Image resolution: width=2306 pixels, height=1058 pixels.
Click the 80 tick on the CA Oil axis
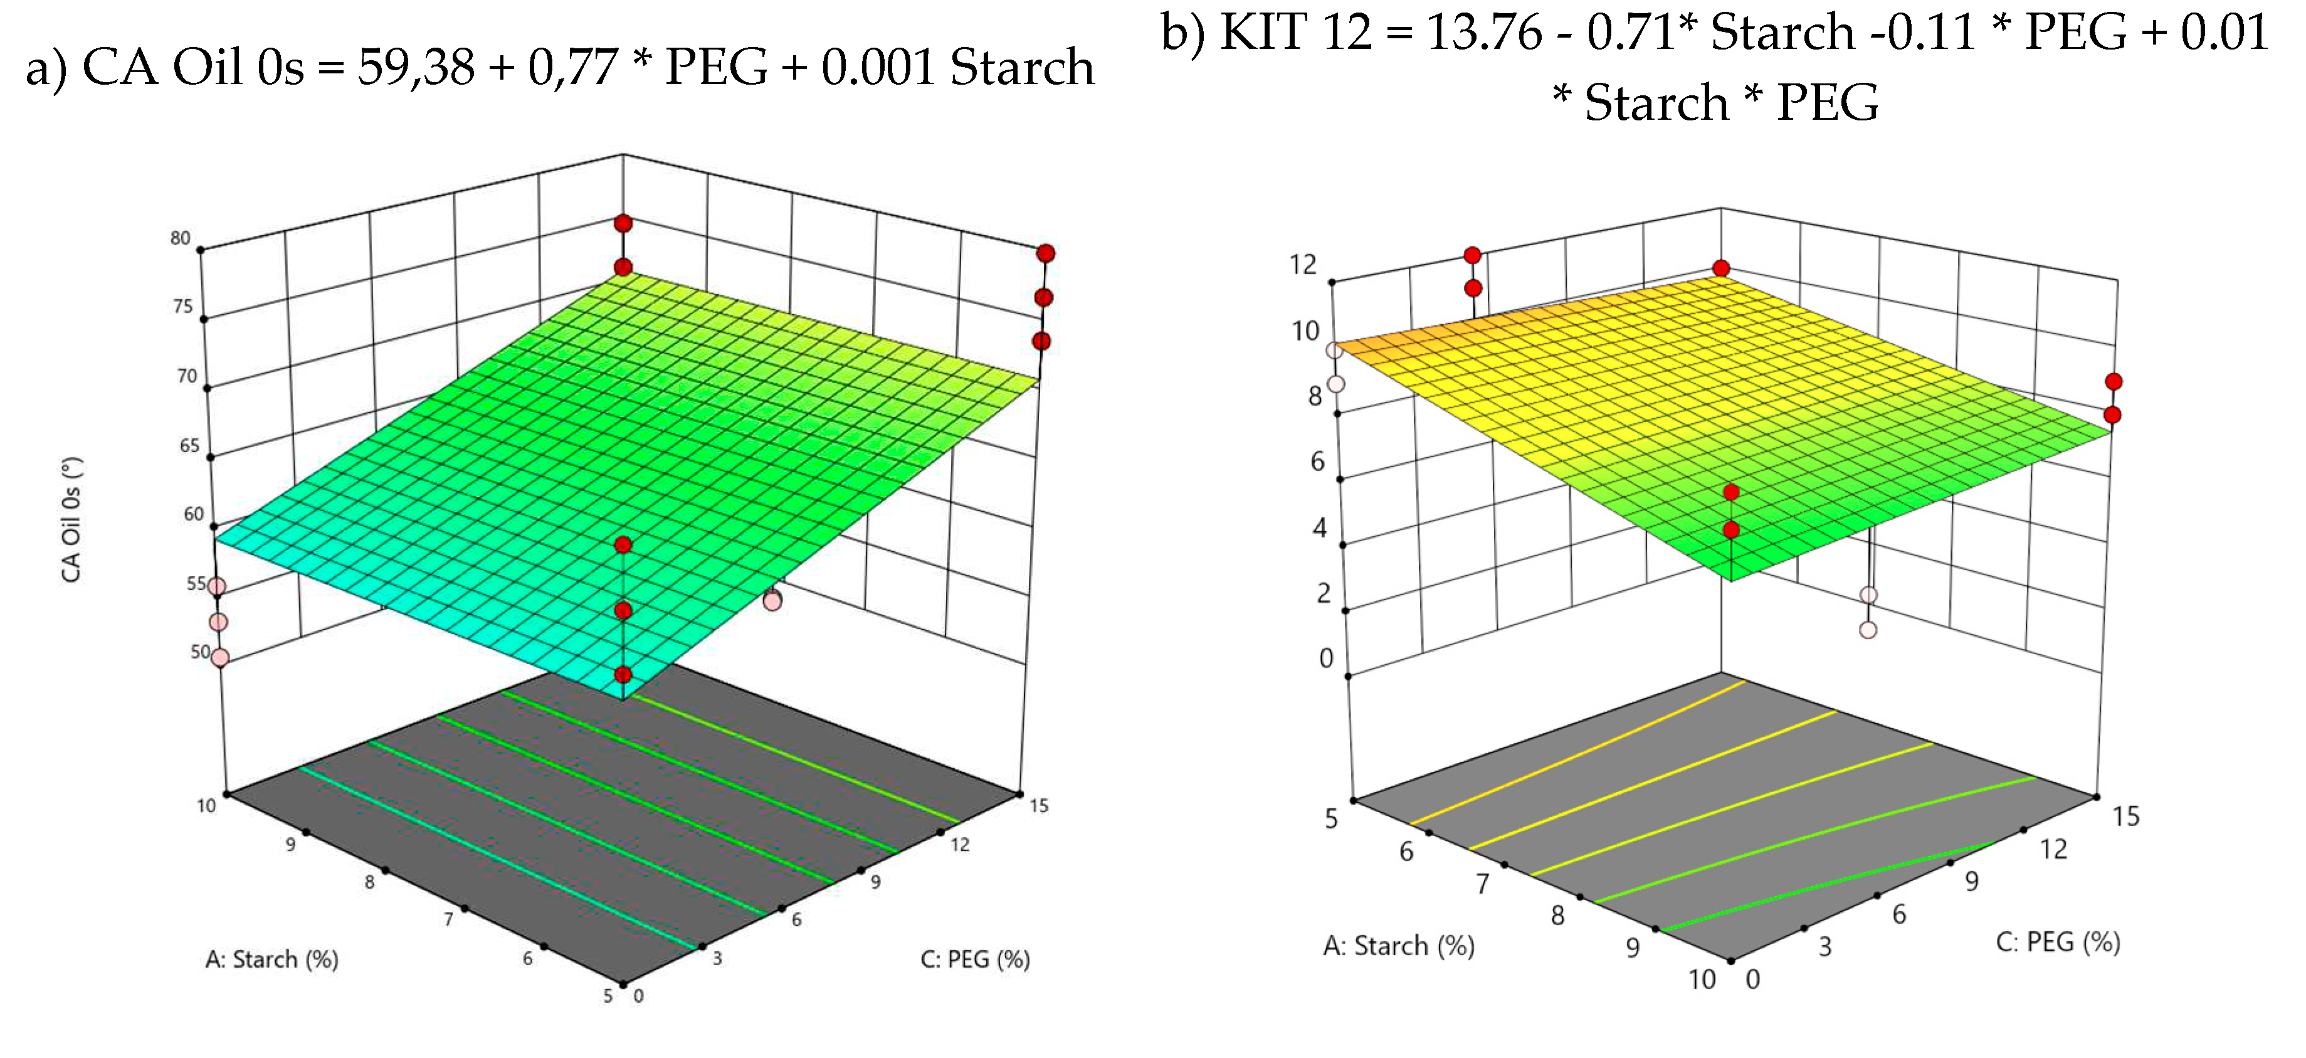pyautogui.click(x=181, y=238)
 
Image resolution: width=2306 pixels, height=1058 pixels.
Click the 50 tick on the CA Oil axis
pyautogui.click(x=199, y=652)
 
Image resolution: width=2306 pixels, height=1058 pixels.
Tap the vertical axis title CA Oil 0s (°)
pyautogui.click(x=71, y=520)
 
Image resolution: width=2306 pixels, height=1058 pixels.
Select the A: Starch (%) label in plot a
pyautogui.click(x=272, y=960)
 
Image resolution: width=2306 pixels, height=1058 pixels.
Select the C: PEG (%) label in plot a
pyautogui.click(x=975, y=960)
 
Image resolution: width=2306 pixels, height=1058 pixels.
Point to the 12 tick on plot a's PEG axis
pyautogui.click(x=960, y=845)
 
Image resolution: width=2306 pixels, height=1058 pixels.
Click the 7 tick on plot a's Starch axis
pyautogui.click(x=448, y=919)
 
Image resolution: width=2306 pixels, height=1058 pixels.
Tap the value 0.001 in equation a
pyautogui.click(x=877, y=67)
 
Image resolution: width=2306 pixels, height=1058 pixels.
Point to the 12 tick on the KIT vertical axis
pyautogui.click(x=1303, y=265)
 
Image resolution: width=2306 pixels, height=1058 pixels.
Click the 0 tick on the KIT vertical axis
pyautogui.click(x=1326, y=658)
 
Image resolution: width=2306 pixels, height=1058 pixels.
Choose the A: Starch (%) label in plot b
pyautogui.click(x=1398, y=946)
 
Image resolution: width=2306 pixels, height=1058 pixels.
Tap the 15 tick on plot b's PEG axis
pyautogui.click(x=2126, y=817)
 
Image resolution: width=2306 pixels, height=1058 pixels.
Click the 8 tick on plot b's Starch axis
pyautogui.click(x=1557, y=916)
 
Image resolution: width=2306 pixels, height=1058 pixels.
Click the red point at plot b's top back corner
pyautogui.click(x=1720, y=268)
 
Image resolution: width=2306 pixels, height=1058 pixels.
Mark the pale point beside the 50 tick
pyautogui.click(x=219, y=658)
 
